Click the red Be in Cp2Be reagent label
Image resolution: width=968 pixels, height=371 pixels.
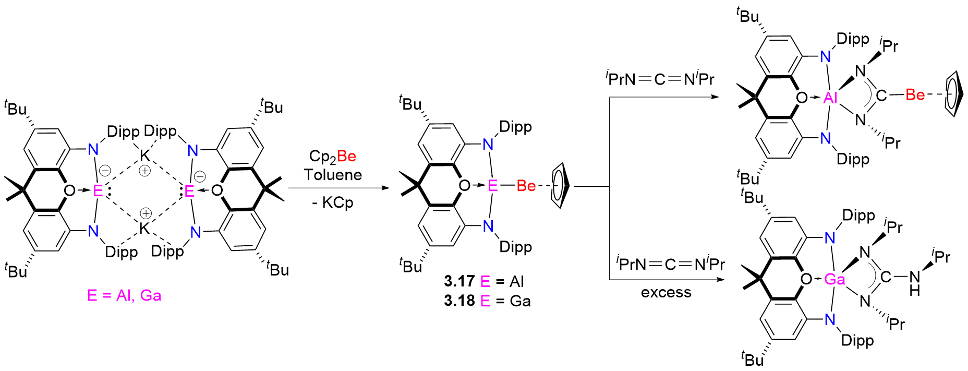[x=346, y=156]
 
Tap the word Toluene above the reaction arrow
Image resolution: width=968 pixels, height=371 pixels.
[x=333, y=175]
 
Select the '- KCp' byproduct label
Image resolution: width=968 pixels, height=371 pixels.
[x=333, y=202]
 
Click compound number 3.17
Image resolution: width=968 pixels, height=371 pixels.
[x=459, y=282]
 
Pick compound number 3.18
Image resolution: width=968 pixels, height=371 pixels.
[x=459, y=301]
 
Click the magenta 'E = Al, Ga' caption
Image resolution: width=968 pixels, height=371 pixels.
[x=124, y=296]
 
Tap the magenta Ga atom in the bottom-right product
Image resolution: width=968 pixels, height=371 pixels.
[x=834, y=280]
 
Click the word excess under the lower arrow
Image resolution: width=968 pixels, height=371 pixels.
[x=666, y=292]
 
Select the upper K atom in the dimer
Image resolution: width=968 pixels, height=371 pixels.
[x=144, y=155]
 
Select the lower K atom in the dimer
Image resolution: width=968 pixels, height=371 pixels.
[x=144, y=228]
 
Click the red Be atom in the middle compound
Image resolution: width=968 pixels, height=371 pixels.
[x=526, y=186]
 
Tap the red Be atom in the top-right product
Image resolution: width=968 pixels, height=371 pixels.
[x=915, y=95]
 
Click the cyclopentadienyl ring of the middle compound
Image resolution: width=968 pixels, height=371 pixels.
[x=559, y=186]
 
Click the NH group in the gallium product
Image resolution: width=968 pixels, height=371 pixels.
[x=914, y=283]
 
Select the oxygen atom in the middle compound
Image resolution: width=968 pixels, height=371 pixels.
[x=464, y=186]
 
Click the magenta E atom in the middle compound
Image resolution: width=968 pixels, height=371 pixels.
[x=492, y=186]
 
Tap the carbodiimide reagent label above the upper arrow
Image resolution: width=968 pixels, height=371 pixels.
[x=660, y=79]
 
